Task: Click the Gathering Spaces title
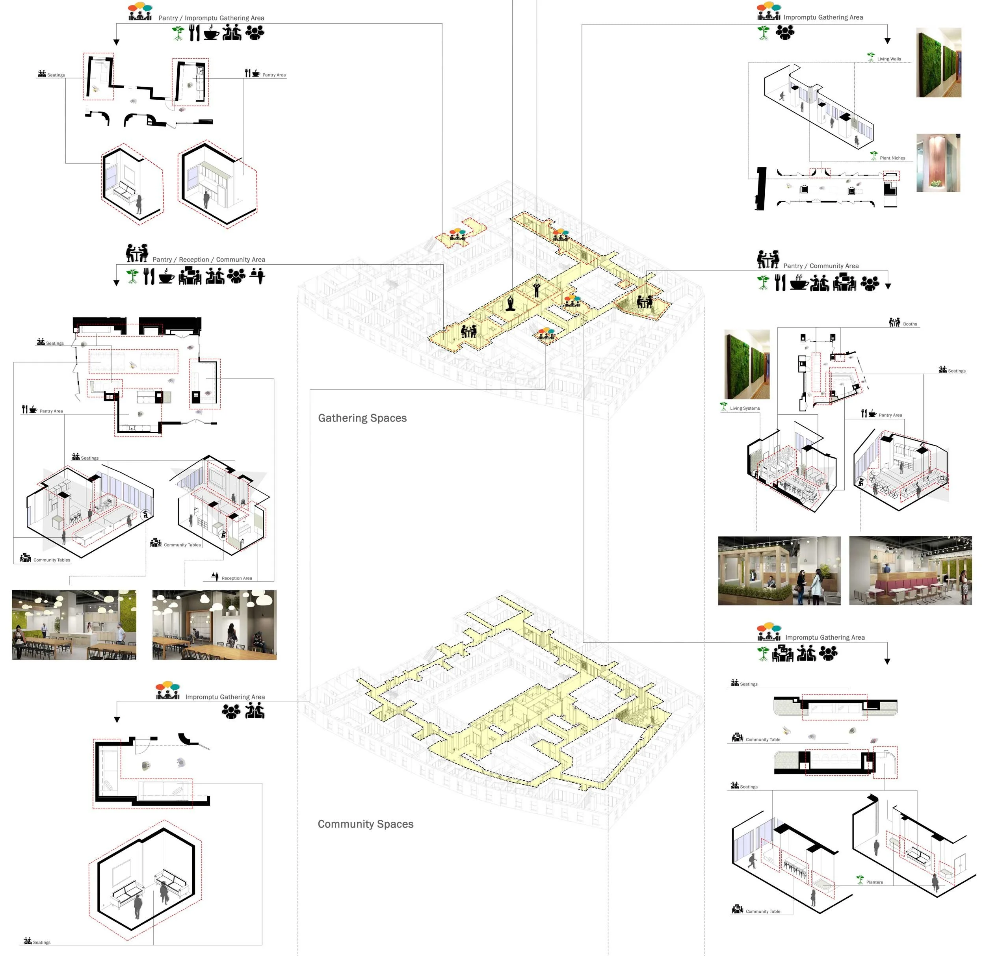point(362,418)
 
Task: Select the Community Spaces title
point(365,824)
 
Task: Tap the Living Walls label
point(888,59)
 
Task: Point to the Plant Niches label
point(892,158)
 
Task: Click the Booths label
point(910,324)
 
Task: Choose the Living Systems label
point(744,408)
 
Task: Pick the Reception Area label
point(237,578)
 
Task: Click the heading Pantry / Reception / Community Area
point(208,259)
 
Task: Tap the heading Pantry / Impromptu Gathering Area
point(211,18)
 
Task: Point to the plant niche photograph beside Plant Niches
point(938,163)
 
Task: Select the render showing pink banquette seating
point(910,570)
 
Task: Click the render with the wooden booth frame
point(779,570)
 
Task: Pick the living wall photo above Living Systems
point(747,364)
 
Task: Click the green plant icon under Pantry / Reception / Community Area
point(132,276)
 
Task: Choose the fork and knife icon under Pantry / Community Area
point(779,283)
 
